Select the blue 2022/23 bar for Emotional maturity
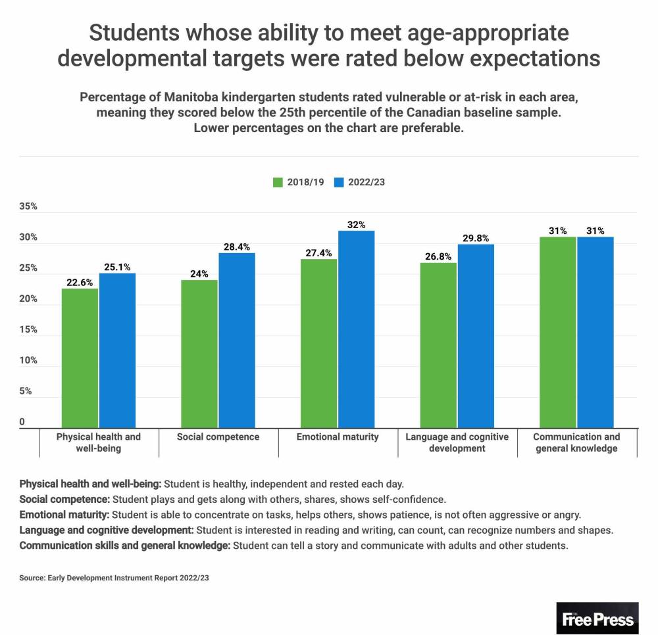[356, 329]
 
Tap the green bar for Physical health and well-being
[80, 358]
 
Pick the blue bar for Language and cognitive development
[476, 336]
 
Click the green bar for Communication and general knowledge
[557, 332]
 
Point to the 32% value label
[356, 225]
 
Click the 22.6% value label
[80, 283]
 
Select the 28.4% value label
[237, 247]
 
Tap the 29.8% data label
[476, 239]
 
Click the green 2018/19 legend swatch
[278, 182]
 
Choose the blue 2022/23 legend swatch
[339, 182]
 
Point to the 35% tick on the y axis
[29, 206]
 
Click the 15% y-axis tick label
[29, 330]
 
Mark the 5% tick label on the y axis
[26, 391]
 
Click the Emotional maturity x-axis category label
[338, 436]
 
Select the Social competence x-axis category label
[218, 436]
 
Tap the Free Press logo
[597, 618]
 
